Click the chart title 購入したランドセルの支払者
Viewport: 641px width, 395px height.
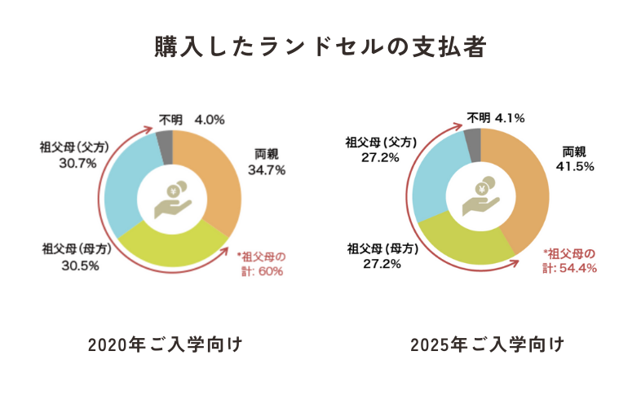coord(320,46)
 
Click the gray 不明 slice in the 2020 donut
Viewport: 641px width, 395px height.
coord(165,137)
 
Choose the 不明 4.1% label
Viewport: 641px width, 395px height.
coord(497,118)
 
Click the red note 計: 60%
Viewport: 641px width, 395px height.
coord(259,271)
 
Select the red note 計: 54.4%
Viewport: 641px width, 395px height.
coord(570,267)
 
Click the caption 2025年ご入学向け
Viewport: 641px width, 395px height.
coord(488,345)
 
